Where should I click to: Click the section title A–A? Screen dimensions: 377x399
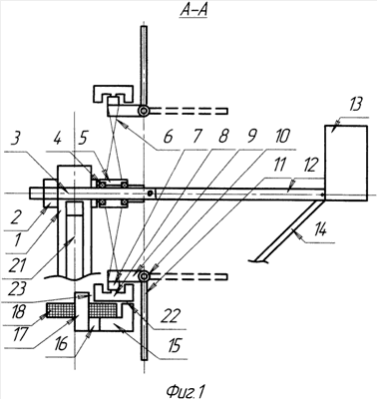193,10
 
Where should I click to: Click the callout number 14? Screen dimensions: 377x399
319,229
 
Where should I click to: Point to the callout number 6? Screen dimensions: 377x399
169,137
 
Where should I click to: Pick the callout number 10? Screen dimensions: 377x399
281,136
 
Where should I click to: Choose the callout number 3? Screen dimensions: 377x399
14,141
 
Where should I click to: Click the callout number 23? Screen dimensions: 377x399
16,288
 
